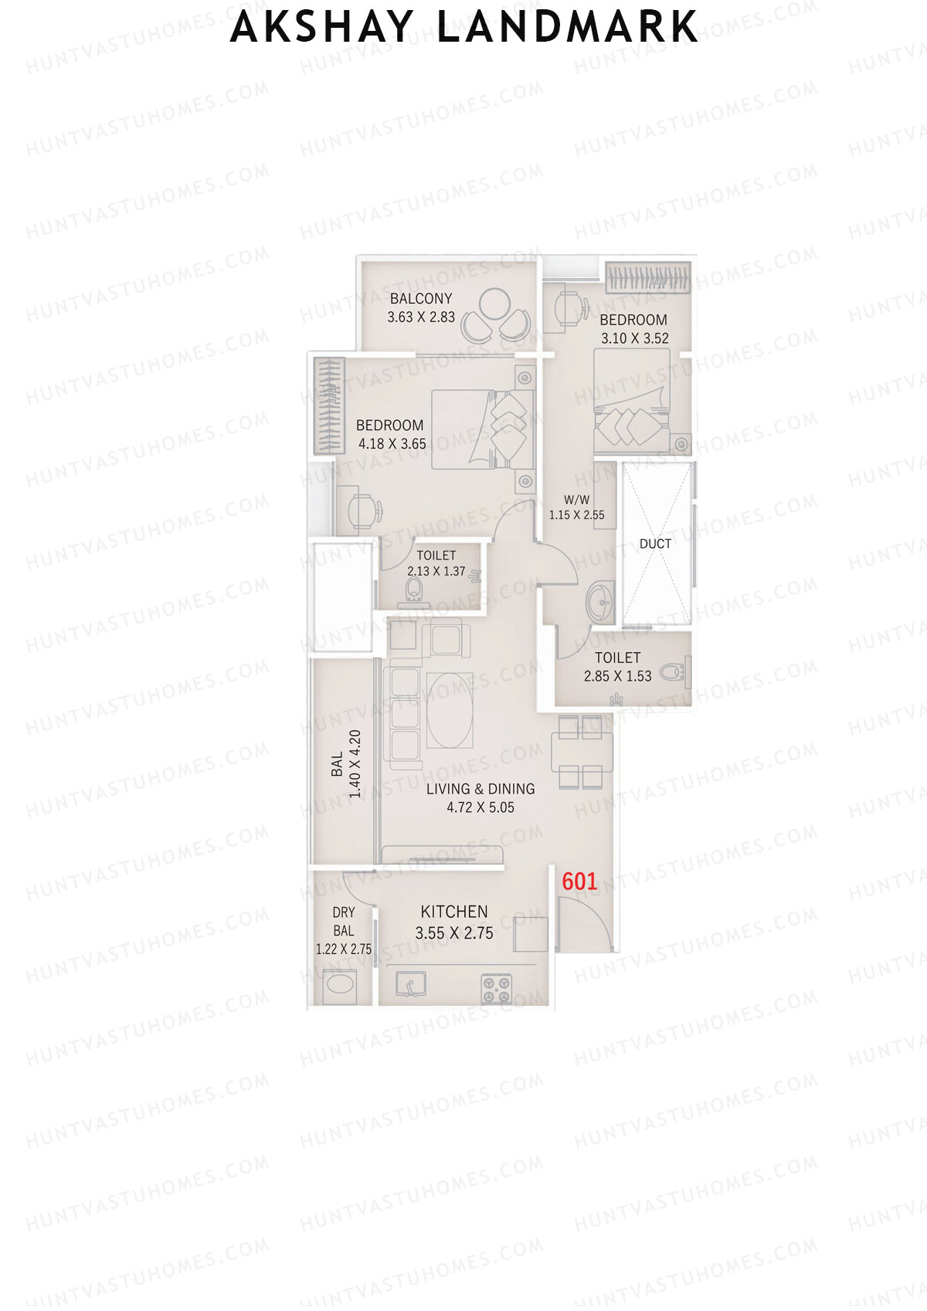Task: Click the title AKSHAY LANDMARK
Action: pyautogui.click(x=463, y=27)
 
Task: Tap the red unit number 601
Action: pyautogui.click(x=579, y=881)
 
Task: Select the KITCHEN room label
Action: pyautogui.click(x=454, y=912)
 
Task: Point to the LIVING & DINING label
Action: pyautogui.click(x=480, y=789)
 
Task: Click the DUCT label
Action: pyautogui.click(x=655, y=544)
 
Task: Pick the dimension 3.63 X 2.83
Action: pyautogui.click(x=421, y=317)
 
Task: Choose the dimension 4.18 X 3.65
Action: pyautogui.click(x=392, y=444)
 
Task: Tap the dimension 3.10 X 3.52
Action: pyautogui.click(x=635, y=338)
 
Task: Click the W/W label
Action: pyautogui.click(x=576, y=500)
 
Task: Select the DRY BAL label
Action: pyautogui.click(x=344, y=922)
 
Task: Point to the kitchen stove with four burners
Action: pyautogui.click(x=497, y=987)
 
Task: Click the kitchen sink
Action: pyautogui.click(x=411, y=984)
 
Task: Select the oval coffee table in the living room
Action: pyautogui.click(x=450, y=711)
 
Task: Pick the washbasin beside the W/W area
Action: pyautogui.click(x=599, y=601)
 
